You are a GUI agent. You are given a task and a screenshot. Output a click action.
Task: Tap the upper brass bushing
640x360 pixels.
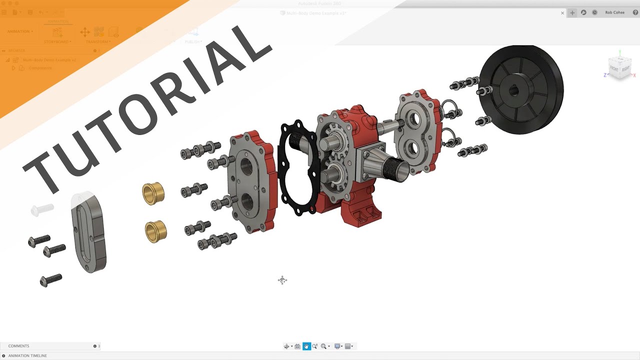[x=153, y=193]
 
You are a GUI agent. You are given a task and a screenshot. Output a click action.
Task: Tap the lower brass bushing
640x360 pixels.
[x=155, y=231]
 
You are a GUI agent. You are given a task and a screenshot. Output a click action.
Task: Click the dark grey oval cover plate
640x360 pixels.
[x=89, y=232]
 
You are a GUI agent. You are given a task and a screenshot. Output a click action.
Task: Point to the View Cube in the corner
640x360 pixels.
[x=619, y=66]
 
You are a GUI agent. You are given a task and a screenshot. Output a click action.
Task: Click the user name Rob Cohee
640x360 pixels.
[x=614, y=12]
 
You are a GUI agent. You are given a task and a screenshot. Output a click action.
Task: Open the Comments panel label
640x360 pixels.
[x=18, y=346]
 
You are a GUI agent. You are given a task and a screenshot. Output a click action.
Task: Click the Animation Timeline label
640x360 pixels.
[x=27, y=355]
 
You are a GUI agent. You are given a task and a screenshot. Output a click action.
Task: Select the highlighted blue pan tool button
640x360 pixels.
[x=306, y=346]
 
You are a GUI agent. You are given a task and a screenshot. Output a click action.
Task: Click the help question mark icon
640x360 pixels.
[x=635, y=12]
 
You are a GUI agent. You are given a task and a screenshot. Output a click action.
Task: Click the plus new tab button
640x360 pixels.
[x=572, y=13]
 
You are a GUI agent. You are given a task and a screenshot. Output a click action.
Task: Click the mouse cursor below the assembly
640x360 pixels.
[x=282, y=280]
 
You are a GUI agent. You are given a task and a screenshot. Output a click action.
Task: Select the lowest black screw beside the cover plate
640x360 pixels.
[x=50, y=280]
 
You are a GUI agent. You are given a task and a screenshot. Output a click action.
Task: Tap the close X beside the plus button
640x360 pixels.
[x=562, y=13]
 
